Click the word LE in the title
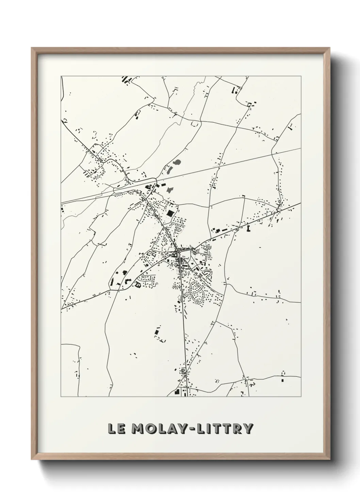click(x=116, y=428)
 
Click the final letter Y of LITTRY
click(x=248, y=428)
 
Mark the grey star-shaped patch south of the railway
click(x=169, y=189)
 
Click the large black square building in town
click(x=170, y=213)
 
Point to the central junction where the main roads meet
click(x=178, y=253)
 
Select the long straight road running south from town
click(x=185, y=334)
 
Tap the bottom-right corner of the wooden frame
click(x=328, y=456)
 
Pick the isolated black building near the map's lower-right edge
click(x=282, y=379)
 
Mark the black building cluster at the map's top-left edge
click(x=125, y=80)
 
